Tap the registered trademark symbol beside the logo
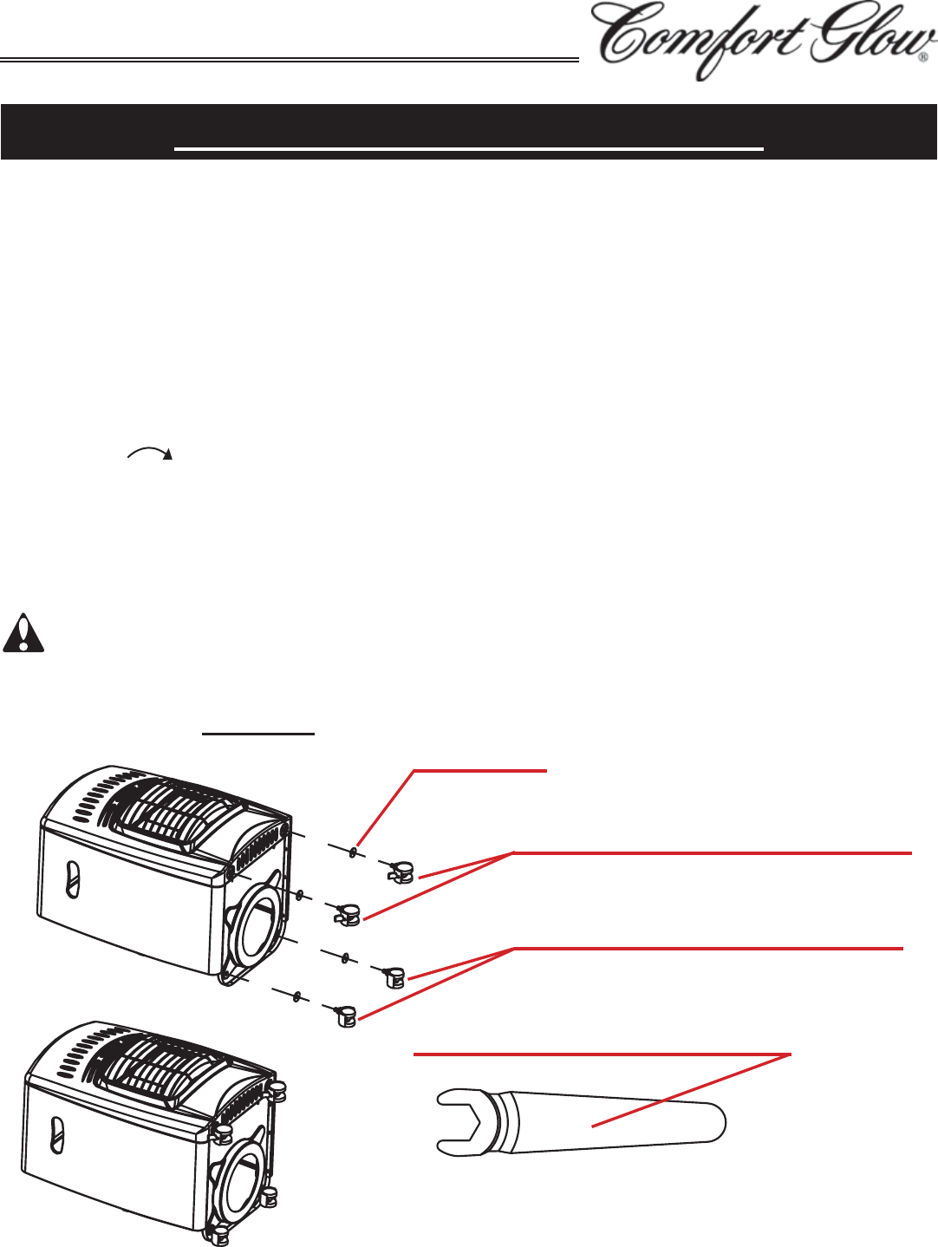[925, 57]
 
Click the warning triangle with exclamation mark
[23, 632]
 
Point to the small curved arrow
[150, 452]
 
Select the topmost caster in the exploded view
[401, 872]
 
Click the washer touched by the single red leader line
[353, 852]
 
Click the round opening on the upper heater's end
[258, 919]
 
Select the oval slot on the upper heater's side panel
[72, 879]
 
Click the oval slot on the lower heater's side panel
[56, 1135]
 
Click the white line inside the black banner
[468, 149]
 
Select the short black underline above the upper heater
[259, 734]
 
